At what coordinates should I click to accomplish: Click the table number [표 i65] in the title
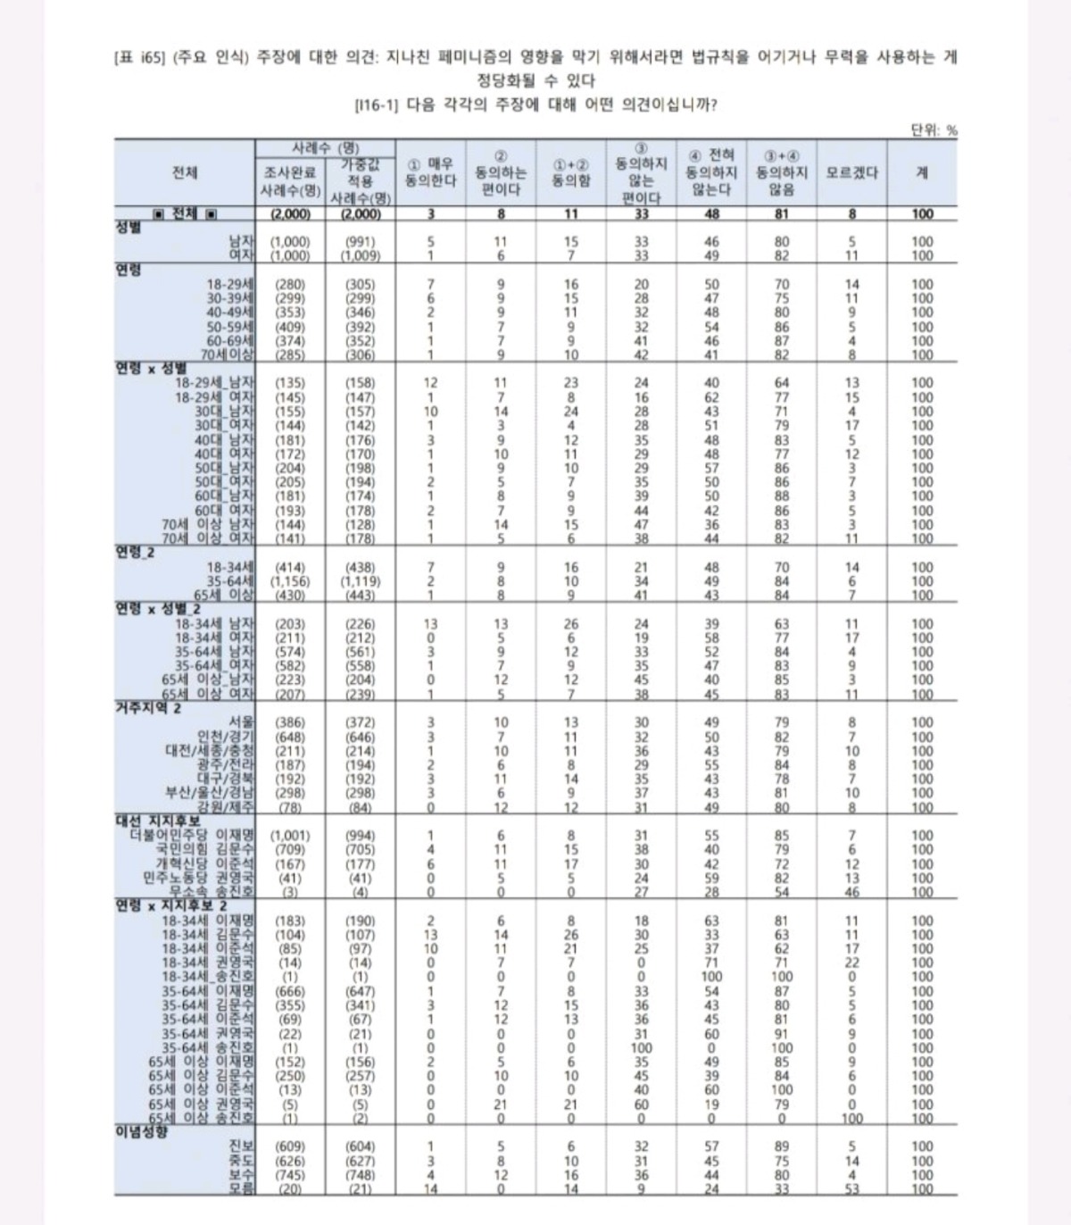pos(136,58)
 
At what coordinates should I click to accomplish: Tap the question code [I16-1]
pos(376,104)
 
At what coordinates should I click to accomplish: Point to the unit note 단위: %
pos(934,130)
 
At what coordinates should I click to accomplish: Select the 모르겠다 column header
pos(851,173)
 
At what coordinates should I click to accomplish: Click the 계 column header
pos(922,173)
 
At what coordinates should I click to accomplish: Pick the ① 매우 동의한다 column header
pos(430,173)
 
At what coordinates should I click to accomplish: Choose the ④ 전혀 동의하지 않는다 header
pos(711,173)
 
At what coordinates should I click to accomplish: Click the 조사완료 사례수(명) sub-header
pos(290,182)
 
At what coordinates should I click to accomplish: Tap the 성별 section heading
pos(129,227)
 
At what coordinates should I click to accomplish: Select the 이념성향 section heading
pos(141,1132)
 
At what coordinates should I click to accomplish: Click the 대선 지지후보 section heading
pos(158,821)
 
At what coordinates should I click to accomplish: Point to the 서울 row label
pos(241,722)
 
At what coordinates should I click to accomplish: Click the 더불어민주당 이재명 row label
pos(192,836)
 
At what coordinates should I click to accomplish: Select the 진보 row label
pos(241,1146)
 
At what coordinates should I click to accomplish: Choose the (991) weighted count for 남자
pos(360,241)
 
